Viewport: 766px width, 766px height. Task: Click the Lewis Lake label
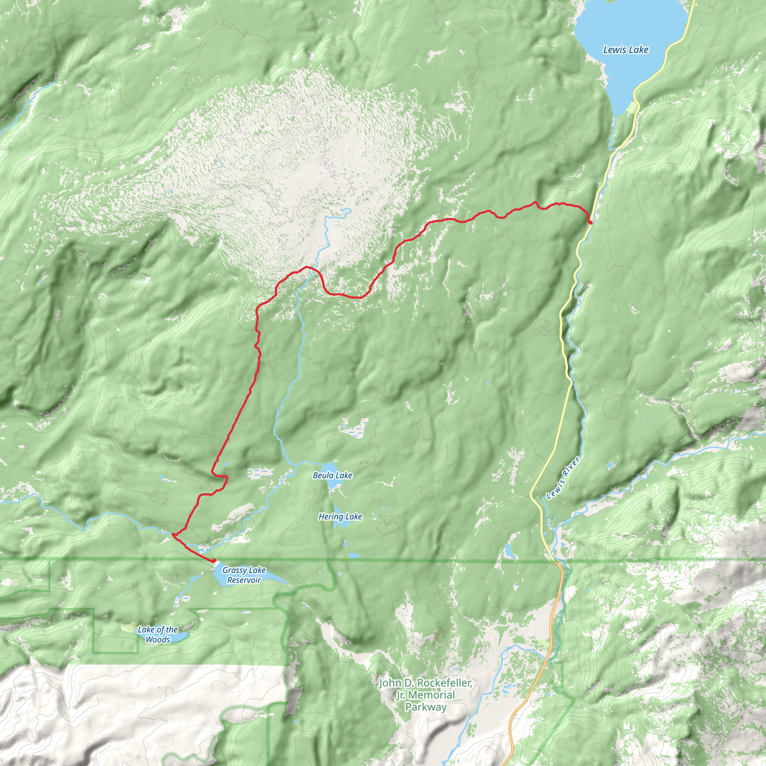626,50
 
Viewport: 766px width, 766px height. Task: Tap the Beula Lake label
332,475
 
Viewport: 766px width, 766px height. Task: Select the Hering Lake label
340,517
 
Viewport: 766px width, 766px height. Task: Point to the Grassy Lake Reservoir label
244,575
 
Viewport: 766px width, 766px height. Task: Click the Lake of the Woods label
158,634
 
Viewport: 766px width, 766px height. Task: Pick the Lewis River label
563,478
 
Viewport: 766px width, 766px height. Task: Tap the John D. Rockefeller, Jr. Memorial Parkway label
425,695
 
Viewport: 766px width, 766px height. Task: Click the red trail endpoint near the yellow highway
590,223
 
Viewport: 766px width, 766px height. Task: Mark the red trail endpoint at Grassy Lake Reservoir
214,561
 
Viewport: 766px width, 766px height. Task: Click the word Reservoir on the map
244,580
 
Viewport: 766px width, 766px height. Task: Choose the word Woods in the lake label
158,640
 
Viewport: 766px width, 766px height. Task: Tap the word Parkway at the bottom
425,707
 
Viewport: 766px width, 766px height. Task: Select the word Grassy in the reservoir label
234,570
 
